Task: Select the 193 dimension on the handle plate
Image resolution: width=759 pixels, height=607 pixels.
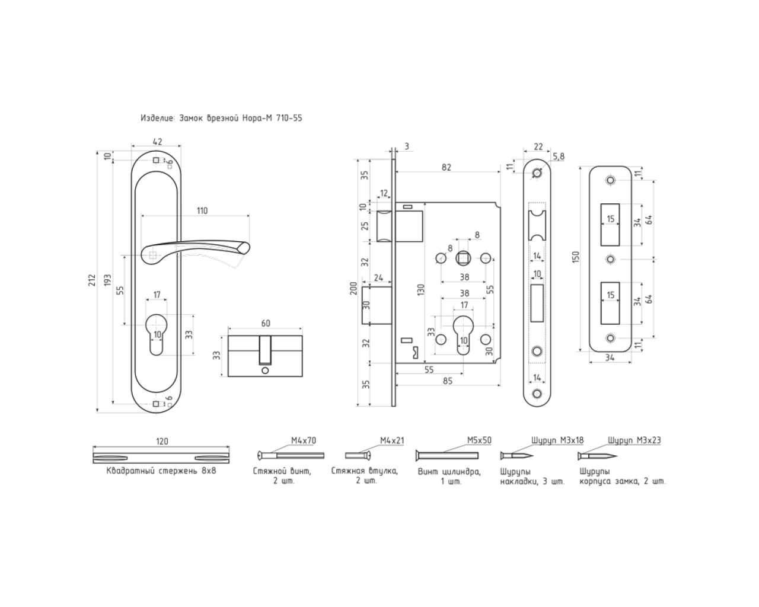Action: click(107, 280)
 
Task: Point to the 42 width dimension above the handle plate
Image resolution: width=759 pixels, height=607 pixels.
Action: click(157, 141)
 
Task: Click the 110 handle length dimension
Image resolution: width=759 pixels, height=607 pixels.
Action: click(202, 210)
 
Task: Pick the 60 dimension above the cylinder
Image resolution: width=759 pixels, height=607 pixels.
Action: click(266, 322)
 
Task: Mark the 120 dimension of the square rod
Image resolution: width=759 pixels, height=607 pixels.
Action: click(161, 441)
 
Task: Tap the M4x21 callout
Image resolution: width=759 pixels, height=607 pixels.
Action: click(392, 440)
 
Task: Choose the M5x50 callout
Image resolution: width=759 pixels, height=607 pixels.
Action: click(479, 440)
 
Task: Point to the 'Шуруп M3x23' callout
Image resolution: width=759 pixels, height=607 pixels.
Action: click(634, 440)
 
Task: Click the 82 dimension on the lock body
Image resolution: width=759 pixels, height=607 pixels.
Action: click(447, 167)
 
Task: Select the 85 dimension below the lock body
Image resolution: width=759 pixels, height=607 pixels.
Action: click(447, 381)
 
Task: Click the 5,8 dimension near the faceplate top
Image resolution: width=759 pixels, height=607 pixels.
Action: click(559, 156)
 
